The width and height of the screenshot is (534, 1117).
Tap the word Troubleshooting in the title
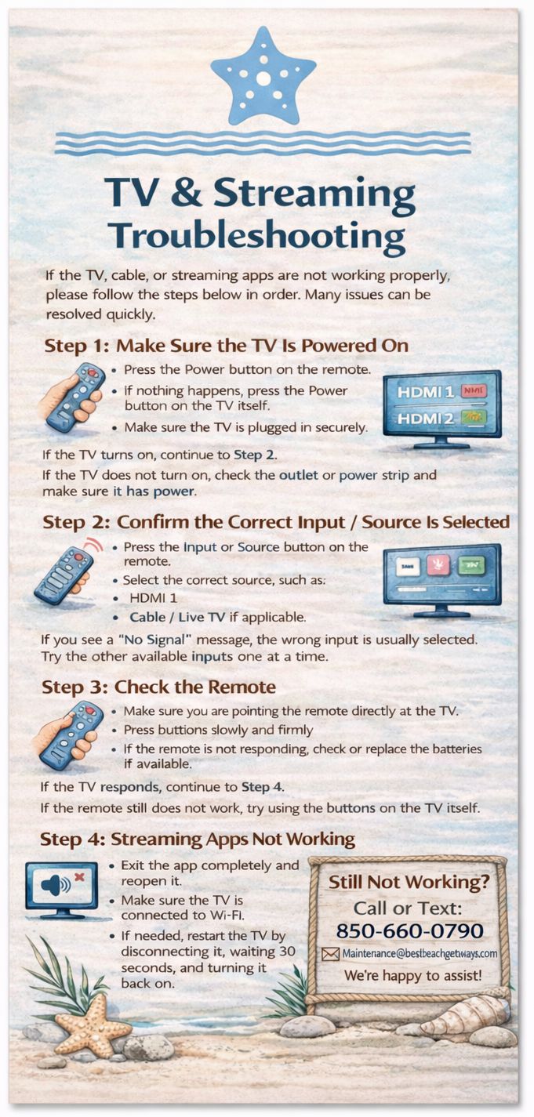(258, 235)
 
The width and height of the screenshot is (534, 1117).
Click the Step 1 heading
(226, 346)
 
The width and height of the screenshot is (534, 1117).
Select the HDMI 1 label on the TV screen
(425, 392)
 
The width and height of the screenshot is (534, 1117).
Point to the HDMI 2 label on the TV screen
(425, 418)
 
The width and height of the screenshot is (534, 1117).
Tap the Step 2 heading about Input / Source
(276, 522)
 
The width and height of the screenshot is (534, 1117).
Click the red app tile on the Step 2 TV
(438, 564)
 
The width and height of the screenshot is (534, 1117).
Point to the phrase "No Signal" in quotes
(155, 639)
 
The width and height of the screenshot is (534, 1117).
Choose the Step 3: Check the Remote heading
(158, 687)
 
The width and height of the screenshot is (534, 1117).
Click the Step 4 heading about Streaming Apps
(198, 839)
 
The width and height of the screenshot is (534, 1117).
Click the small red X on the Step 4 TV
(79, 876)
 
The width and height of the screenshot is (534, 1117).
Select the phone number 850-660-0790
(410, 930)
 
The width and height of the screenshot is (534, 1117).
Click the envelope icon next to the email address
(330, 954)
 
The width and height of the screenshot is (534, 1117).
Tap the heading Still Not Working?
(409, 882)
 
